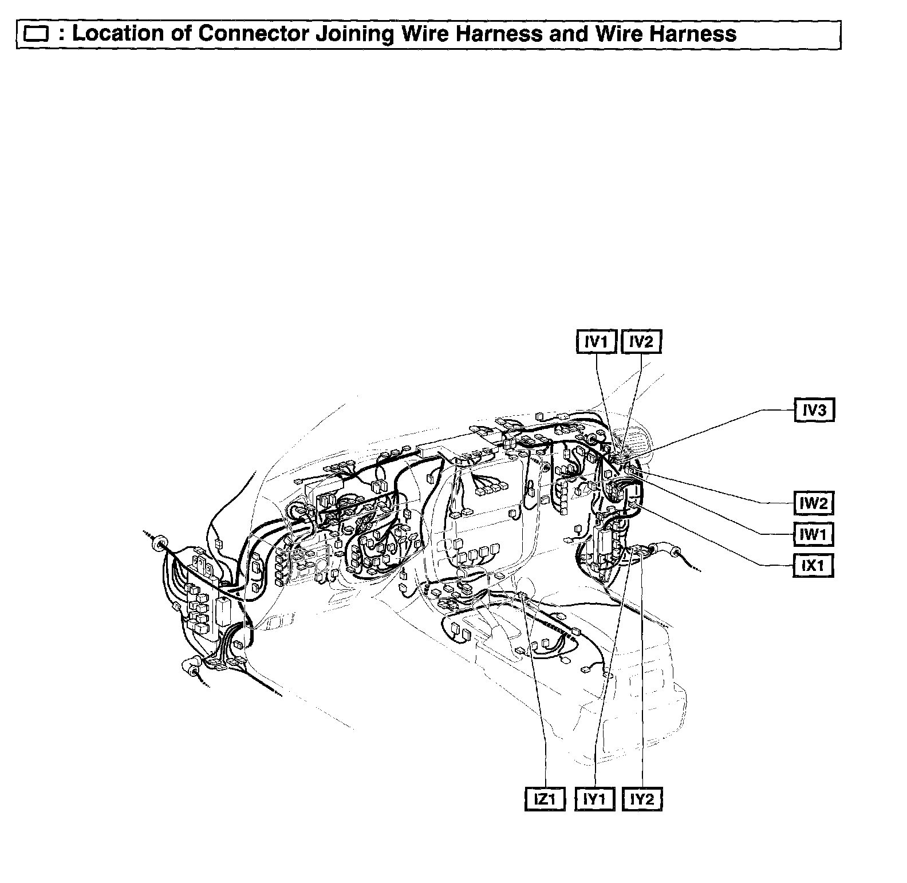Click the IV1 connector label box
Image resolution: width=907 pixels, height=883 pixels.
(x=596, y=342)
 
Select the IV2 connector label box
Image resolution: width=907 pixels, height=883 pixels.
(x=641, y=342)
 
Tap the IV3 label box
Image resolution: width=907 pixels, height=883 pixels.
(x=814, y=410)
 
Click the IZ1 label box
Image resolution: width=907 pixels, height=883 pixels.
(x=545, y=799)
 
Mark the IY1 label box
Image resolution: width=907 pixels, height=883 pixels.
(x=595, y=799)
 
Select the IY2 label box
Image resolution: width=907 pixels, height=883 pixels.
(x=642, y=799)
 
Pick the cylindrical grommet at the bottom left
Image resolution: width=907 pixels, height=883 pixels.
(x=190, y=668)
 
